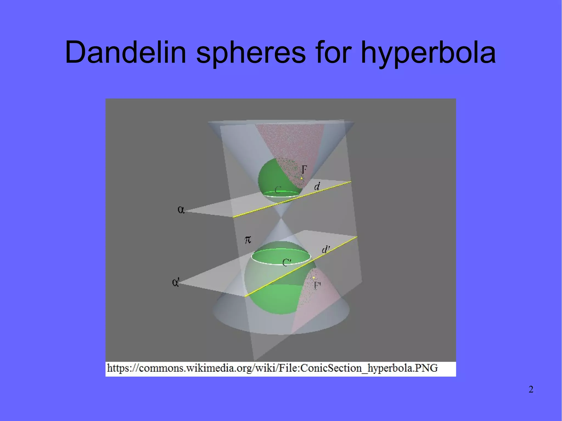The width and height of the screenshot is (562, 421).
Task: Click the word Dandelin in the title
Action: (125, 52)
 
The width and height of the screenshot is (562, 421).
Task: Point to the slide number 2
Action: (531, 389)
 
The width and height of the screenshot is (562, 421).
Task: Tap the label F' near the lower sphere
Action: (317, 286)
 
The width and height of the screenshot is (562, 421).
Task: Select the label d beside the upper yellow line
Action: (317, 187)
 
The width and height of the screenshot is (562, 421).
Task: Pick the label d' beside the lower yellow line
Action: (326, 249)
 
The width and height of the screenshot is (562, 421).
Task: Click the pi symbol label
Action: (248, 240)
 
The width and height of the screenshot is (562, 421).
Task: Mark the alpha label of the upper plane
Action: (181, 210)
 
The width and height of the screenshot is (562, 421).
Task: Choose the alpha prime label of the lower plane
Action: (176, 282)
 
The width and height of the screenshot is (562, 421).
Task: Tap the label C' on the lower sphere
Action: (287, 262)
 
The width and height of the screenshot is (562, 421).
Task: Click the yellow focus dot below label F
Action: (302, 178)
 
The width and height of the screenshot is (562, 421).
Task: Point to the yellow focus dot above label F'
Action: (314, 278)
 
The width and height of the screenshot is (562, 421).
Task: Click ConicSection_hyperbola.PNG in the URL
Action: (369, 368)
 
